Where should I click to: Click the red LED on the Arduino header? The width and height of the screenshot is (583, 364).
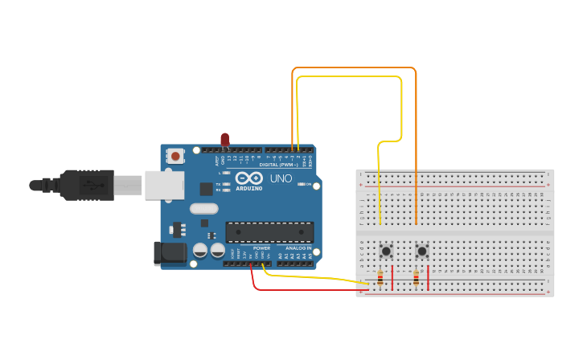[x=224, y=140]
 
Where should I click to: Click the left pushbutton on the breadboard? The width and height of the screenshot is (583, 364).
[x=386, y=251]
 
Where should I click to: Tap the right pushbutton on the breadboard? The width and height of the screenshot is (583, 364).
[x=421, y=251]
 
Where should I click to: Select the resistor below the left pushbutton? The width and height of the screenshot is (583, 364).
[x=380, y=279]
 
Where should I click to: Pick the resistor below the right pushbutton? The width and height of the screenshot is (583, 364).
[x=416, y=279]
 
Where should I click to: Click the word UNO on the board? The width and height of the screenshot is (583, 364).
[x=281, y=178]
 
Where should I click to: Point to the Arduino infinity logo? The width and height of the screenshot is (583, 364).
[x=249, y=178]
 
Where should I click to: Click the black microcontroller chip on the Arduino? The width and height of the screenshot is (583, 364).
[x=269, y=232]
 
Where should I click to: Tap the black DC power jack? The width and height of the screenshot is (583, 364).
[x=170, y=254]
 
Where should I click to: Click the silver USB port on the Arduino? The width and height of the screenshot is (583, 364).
[x=165, y=184]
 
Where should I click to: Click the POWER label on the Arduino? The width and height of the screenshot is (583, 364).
[x=262, y=248]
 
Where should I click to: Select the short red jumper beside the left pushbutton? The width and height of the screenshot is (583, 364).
[x=392, y=277]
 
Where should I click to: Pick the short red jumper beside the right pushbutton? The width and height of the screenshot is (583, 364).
[x=428, y=277]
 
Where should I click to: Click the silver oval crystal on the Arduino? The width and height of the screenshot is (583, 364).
[x=204, y=209]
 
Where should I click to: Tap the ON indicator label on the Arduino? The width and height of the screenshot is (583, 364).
[x=308, y=184]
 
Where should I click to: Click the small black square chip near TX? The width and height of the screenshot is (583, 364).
[x=207, y=190]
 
